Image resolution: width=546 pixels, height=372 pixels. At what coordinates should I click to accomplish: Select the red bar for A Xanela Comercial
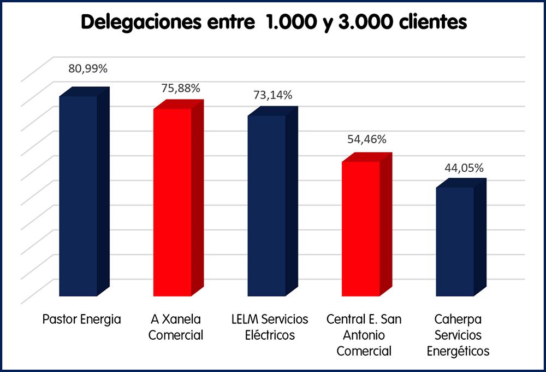point(173,202)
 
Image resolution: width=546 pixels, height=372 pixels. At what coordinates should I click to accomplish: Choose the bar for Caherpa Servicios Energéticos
point(455,242)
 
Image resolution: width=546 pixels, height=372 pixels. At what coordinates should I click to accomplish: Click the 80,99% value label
point(88,69)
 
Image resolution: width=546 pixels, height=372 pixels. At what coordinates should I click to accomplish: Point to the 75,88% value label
point(181,88)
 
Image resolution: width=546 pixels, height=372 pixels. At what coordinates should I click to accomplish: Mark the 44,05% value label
point(464,168)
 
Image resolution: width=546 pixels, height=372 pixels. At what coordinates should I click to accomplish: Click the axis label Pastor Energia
point(81,319)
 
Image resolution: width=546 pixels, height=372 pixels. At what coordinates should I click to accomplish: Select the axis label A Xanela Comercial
point(176,327)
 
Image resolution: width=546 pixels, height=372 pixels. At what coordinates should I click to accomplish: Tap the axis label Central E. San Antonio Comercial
point(364,335)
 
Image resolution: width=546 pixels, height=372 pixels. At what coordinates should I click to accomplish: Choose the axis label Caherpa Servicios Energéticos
point(458,335)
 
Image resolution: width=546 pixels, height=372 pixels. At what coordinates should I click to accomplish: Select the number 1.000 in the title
point(287,22)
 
